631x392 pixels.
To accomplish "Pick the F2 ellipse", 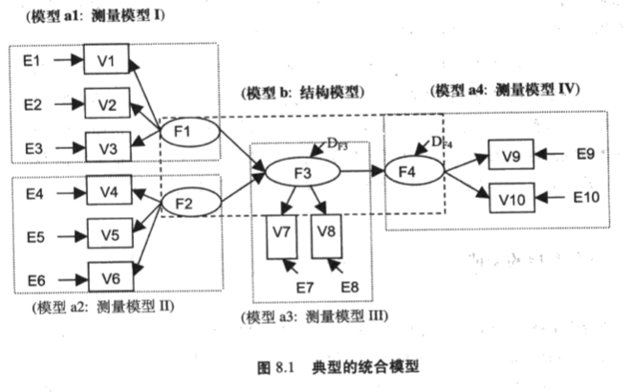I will pyautogui.click(x=184, y=202).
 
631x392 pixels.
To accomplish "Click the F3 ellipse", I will pyautogui.click(x=302, y=173).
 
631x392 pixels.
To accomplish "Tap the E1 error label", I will pyautogui.click(x=32, y=61).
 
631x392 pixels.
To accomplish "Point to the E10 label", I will pyautogui.click(x=585, y=198).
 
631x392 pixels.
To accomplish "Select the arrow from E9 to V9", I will pyautogui.click(x=551, y=153).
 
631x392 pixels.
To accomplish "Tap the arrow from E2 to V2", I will pyautogui.click(x=69, y=104).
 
